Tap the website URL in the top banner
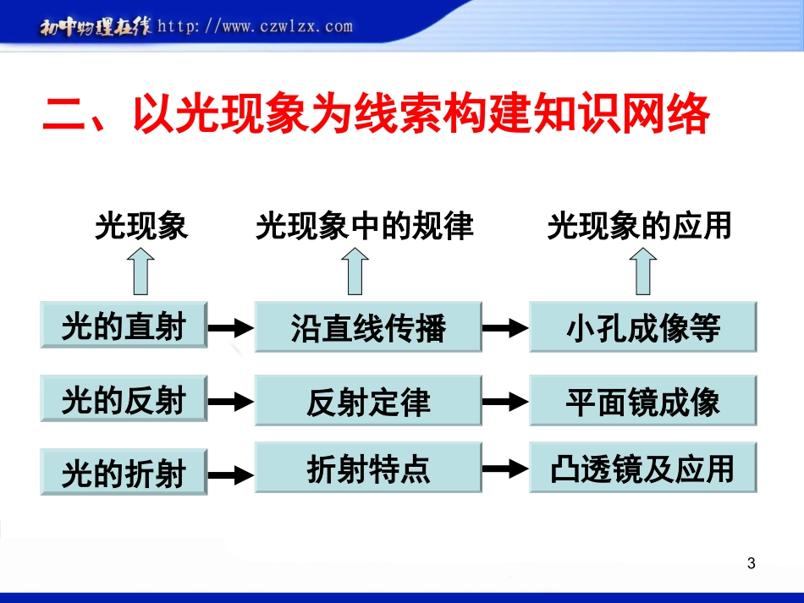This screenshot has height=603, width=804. point(255,26)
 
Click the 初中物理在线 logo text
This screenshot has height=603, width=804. point(96,27)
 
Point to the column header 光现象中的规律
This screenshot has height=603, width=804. point(364,227)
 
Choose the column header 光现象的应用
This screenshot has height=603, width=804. point(639,227)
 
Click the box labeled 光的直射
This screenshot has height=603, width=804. point(124,325)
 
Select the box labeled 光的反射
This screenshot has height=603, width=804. point(124,399)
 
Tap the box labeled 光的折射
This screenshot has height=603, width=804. point(124,473)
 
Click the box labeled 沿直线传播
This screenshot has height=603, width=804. point(368,326)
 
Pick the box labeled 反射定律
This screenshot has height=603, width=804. point(368,401)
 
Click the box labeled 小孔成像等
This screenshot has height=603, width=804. point(642,326)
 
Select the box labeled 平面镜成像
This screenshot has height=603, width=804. point(642,401)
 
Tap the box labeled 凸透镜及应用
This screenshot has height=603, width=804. point(642,468)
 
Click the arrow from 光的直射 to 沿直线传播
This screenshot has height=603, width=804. point(231,327)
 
